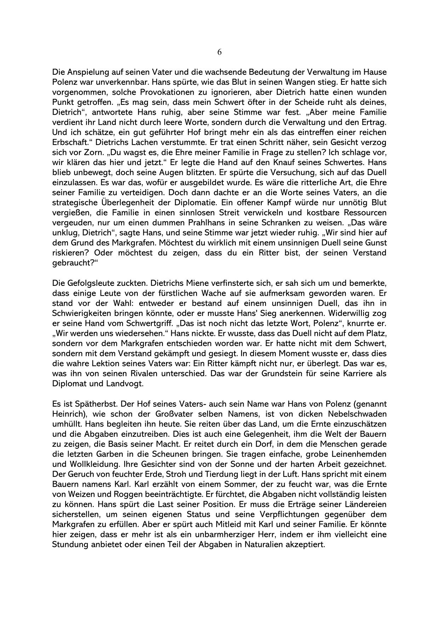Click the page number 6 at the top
219,52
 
